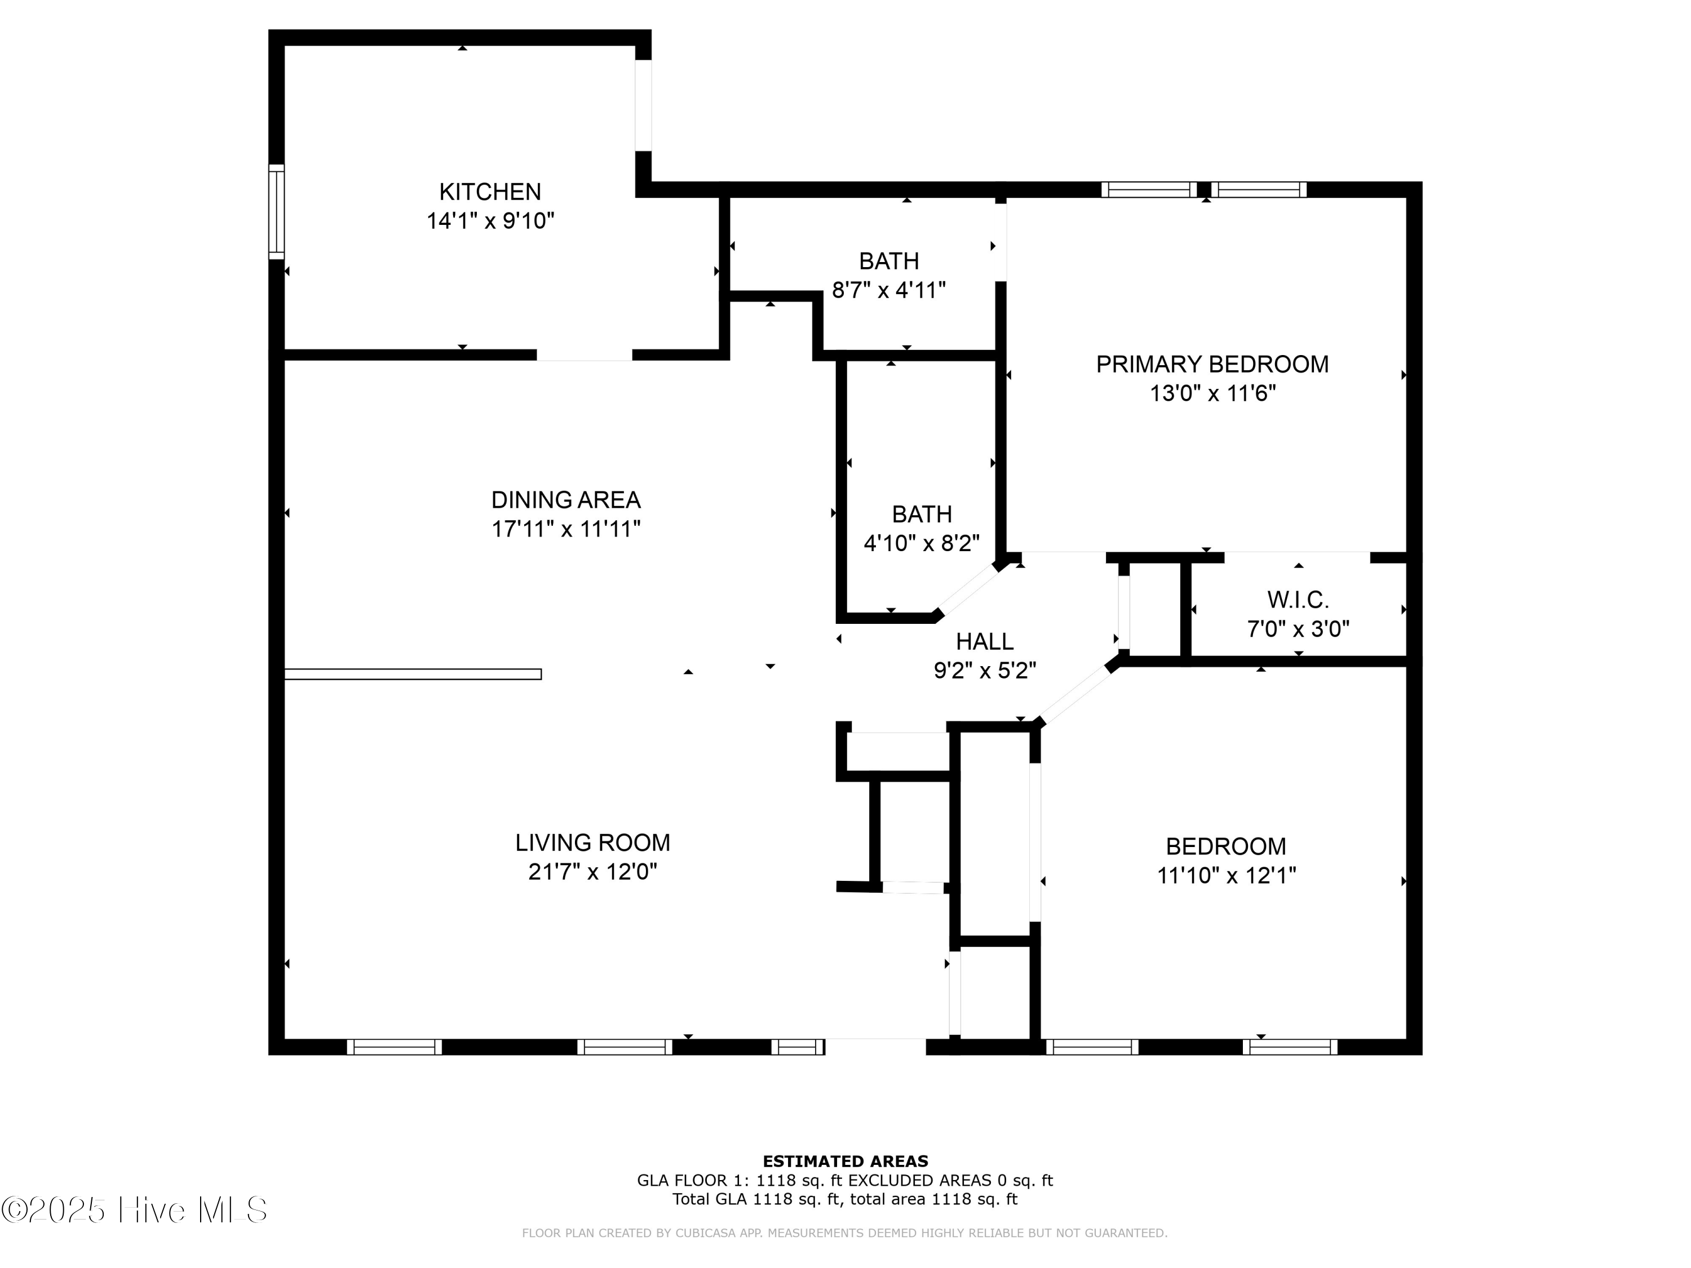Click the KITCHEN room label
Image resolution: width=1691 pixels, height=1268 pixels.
489,191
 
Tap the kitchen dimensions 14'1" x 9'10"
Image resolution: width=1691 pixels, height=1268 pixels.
490,221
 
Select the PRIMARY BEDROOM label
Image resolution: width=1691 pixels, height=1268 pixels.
1212,364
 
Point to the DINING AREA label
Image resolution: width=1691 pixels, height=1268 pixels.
566,500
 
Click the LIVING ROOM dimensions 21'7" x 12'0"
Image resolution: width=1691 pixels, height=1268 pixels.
592,871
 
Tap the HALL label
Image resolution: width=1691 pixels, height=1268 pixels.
985,641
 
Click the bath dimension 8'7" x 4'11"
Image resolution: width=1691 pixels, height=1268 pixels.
889,290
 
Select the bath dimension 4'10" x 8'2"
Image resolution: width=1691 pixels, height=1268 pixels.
922,543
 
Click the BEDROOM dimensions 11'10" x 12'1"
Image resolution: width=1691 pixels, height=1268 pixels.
1226,875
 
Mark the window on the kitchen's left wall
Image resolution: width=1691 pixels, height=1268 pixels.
276,212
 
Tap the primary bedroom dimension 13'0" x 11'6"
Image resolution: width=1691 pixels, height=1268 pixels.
1213,393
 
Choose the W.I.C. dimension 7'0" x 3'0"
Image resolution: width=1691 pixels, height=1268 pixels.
1298,629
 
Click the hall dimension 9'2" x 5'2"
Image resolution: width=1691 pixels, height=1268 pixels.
985,671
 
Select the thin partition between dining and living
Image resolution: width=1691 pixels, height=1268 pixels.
413,674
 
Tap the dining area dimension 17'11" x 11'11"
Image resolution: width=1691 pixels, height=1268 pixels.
566,529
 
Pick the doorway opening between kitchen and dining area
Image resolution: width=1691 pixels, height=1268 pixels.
585,354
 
